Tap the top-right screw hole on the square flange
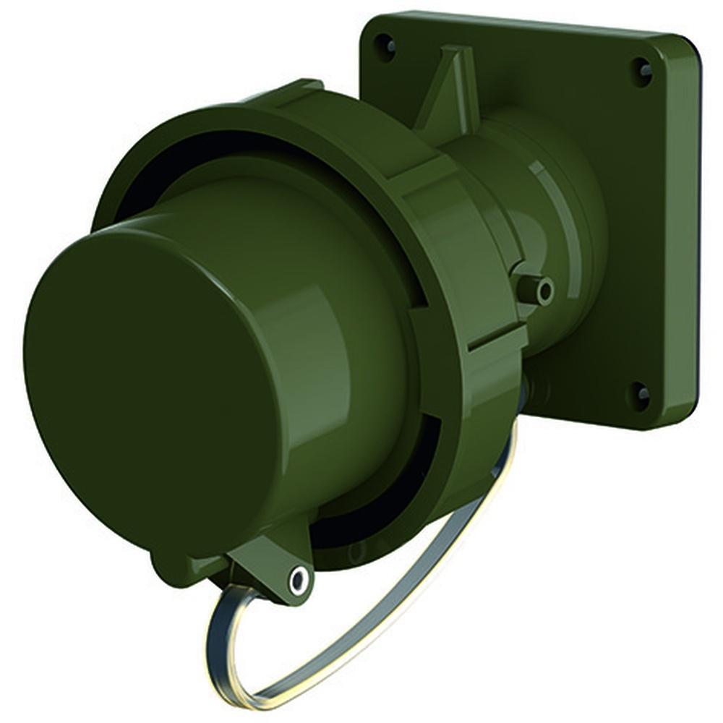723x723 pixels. pyautogui.click(x=643, y=70)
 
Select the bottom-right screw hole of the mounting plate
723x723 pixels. pyautogui.click(x=641, y=393)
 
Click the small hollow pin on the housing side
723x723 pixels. pyautogui.click(x=544, y=290)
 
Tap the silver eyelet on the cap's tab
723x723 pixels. pyautogui.click(x=297, y=578)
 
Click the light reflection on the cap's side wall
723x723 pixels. pyautogui.click(x=318, y=304)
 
